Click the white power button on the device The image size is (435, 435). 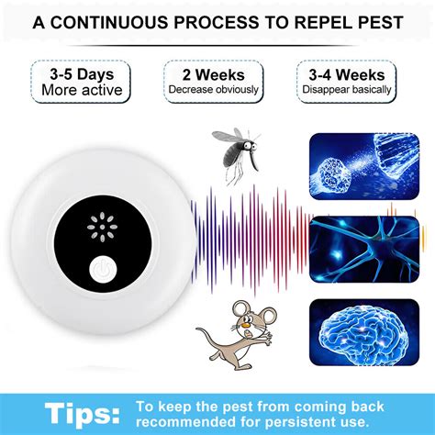point(103,270)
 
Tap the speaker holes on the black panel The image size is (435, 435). point(102,228)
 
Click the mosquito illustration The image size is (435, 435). point(236,155)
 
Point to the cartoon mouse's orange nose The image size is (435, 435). point(245,323)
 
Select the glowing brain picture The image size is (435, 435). point(364,332)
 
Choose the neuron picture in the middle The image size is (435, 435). point(364,249)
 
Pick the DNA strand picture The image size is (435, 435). point(364,166)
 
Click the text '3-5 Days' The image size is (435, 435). point(82,74)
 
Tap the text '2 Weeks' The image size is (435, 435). point(214,75)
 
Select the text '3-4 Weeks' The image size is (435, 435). point(347,75)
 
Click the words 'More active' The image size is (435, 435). point(82,90)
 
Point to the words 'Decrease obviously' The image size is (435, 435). point(214,89)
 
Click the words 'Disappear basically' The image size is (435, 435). point(347,89)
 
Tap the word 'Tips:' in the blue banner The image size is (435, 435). point(83,414)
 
